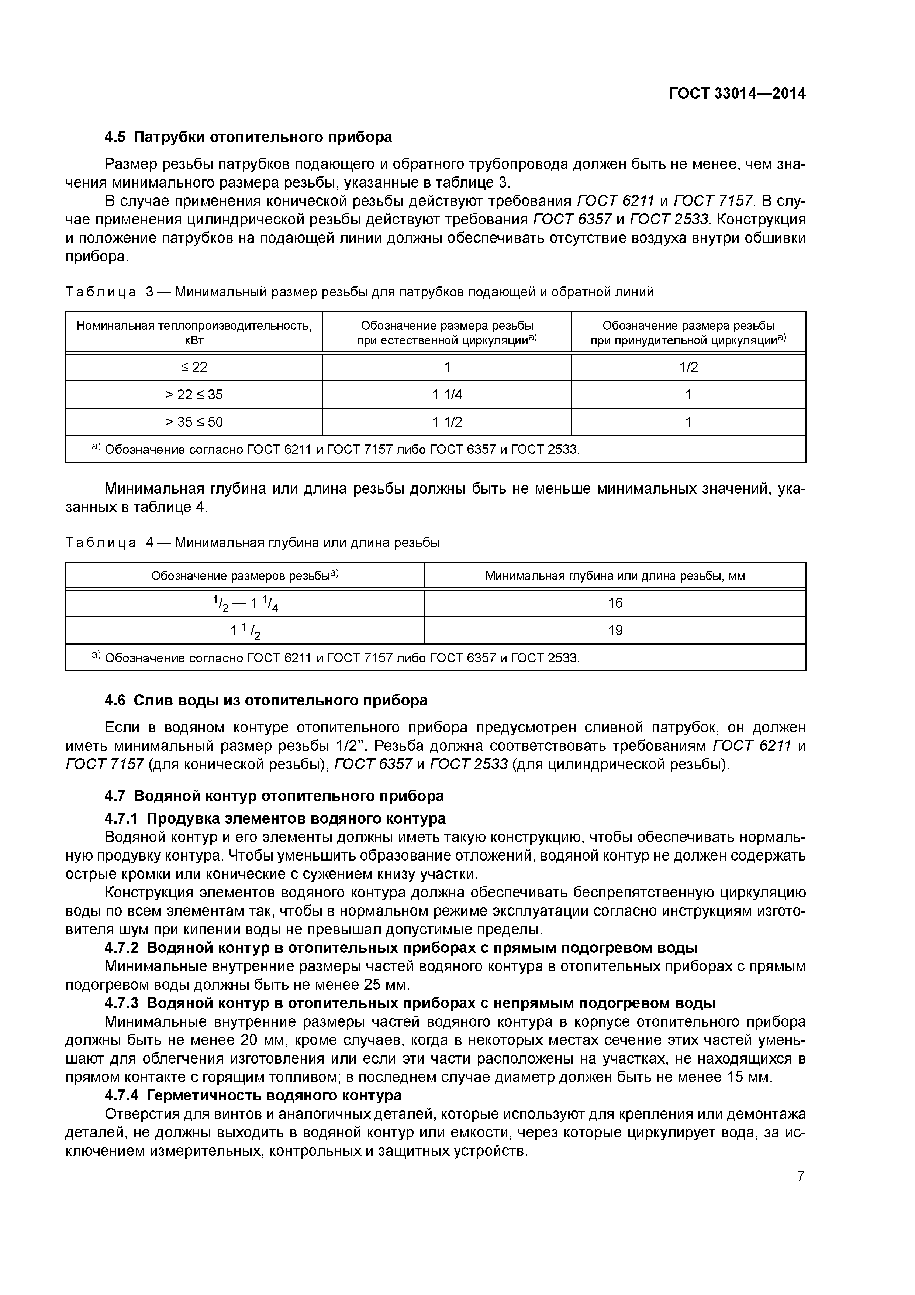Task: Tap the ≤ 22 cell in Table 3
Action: pyautogui.click(x=194, y=367)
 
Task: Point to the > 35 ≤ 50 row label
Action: pyautogui.click(x=194, y=422)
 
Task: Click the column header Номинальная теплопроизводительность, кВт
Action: pyautogui.click(x=194, y=333)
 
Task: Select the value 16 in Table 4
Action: pyautogui.click(x=615, y=603)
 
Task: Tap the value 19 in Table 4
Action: pyautogui.click(x=615, y=630)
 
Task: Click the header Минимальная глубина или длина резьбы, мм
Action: pyautogui.click(x=615, y=576)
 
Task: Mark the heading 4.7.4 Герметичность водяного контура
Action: pyautogui.click(x=253, y=1095)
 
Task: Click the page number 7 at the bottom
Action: pyautogui.click(x=800, y=1176)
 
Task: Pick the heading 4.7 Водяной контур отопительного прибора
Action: pyautogui.click(x=274, y=796)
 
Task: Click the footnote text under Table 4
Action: pyautogui.click(x=336, y=658)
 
